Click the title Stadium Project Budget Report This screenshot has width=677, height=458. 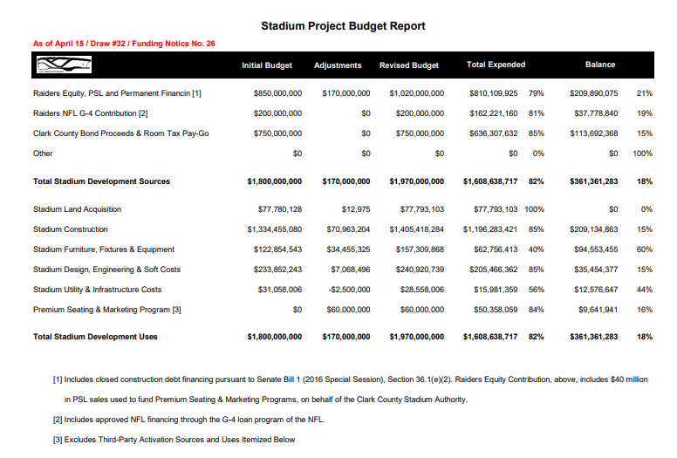343,26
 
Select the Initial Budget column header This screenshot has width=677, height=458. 266,65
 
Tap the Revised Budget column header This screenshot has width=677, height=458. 408,65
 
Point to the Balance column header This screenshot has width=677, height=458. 600,65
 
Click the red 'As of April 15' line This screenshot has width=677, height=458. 124,44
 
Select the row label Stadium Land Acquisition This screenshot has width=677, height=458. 77,209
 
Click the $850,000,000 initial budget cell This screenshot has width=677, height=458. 277,93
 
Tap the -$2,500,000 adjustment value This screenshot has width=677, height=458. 347,290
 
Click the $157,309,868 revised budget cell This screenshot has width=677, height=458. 417,250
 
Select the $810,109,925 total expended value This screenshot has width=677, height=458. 494,93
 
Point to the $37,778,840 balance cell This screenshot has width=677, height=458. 593,113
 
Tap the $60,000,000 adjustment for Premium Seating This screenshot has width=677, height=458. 346,310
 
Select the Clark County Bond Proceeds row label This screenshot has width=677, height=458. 120,133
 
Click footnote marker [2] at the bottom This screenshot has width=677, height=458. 58,420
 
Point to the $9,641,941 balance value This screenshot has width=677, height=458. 598,310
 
